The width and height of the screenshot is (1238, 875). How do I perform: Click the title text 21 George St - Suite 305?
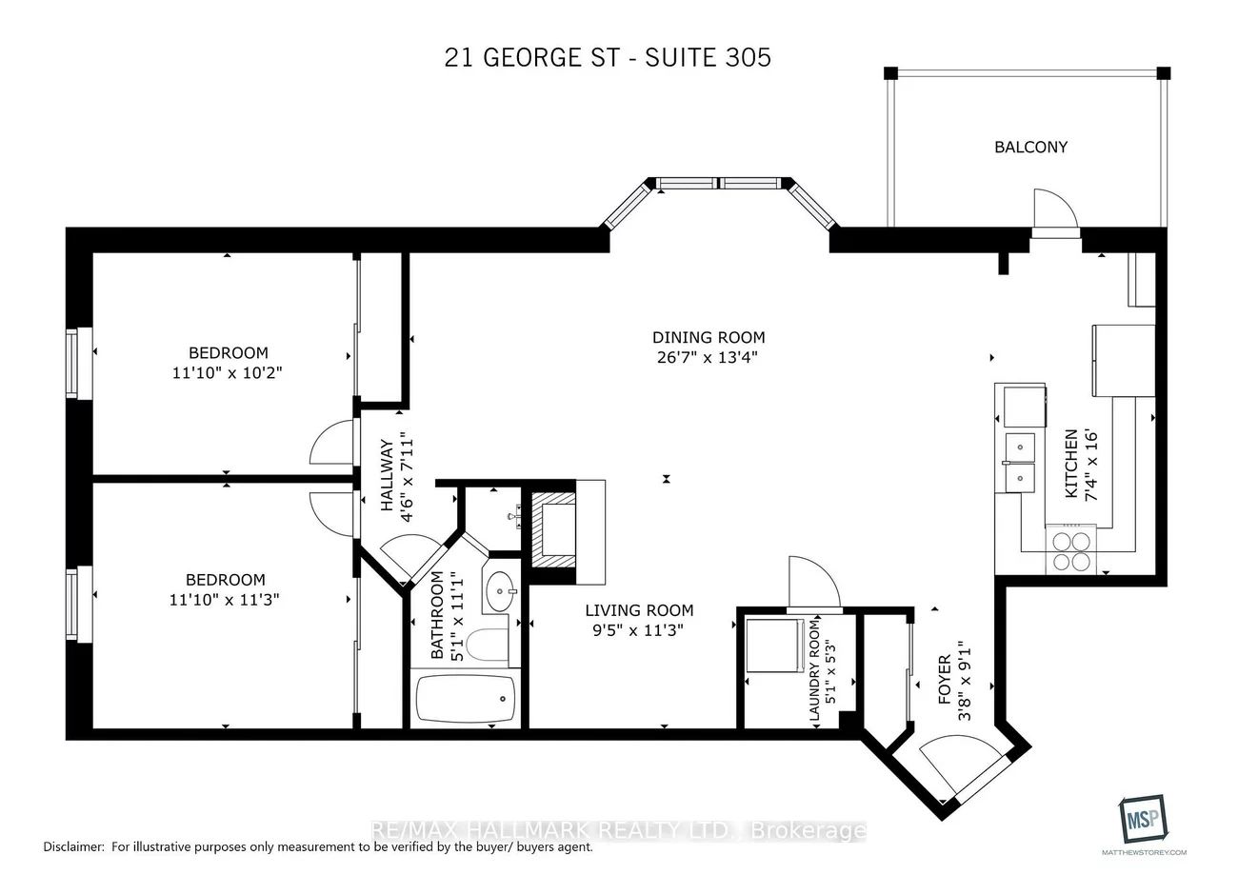point(608,57)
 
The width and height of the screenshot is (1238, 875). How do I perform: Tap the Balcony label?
point(1030,147)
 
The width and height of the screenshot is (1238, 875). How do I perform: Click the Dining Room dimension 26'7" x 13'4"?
point(709,358)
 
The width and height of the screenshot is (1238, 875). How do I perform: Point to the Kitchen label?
point(1070,464)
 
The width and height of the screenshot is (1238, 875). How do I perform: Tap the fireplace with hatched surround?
point(552,529)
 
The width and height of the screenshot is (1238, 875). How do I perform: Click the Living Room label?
point(639,610)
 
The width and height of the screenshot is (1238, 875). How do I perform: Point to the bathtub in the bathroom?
point(466,699)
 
